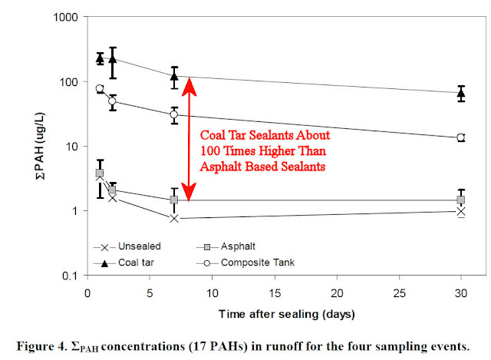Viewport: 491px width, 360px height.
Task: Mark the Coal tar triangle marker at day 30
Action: (x=461, y=93)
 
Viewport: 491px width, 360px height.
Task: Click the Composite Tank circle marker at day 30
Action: (x=461, y=137)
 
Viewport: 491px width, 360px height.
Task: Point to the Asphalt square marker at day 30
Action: (x=461, y=200)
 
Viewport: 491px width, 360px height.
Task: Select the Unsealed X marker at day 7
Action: (x=174, y=219)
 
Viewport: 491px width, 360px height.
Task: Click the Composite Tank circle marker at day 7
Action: (x=174, y=114)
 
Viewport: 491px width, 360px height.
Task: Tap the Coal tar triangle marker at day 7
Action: (x=174, y=76)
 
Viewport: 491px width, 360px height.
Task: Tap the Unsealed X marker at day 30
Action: (x=461, y=211)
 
